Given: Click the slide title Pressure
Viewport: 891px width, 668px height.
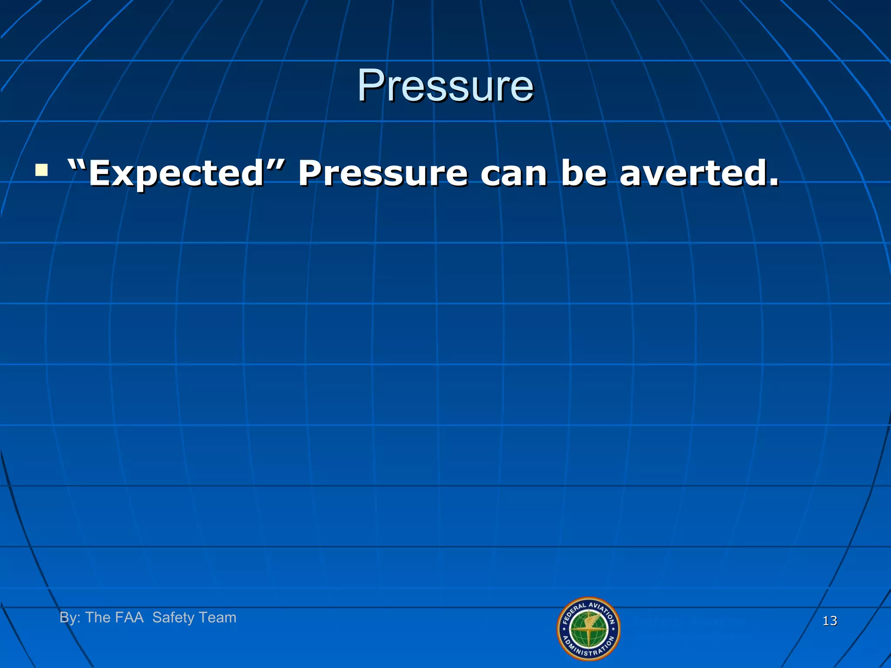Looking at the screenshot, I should click(445, 86).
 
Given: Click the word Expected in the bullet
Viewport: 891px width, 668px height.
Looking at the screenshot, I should click(177, 174).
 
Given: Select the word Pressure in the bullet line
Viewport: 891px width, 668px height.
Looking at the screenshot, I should click(383, 174).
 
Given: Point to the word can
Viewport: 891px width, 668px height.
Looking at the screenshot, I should click(513, 174).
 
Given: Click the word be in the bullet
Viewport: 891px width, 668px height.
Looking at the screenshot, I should click(583, 174).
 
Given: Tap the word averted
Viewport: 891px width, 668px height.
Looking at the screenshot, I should click(694, 174).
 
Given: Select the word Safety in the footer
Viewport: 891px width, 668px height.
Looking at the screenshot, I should click(173, 618).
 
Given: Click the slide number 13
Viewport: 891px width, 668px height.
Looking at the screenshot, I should click(830, 621).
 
